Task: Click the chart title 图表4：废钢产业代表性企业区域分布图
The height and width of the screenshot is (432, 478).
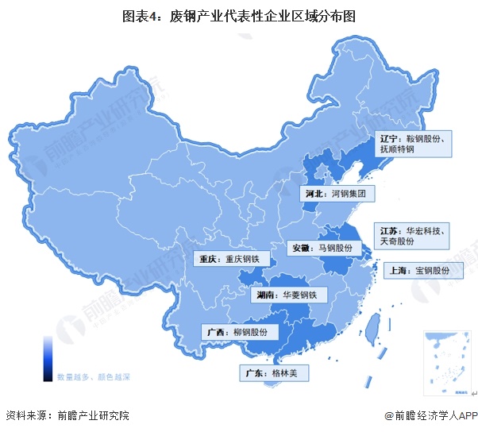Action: tap(238, 15)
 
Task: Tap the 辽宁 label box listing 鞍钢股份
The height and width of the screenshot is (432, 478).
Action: tap(414, 143)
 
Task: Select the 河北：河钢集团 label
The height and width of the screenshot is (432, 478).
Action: tap(337, 193)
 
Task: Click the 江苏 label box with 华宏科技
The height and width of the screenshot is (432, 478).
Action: tap(414, 234)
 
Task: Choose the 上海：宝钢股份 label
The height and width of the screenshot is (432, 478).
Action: tap(421, 271)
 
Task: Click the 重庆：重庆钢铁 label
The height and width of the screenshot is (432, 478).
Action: tap(230, 259)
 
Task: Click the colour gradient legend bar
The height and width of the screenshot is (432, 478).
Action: tap(48, 357)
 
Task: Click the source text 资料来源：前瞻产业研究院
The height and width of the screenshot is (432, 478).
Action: tap(67, 415)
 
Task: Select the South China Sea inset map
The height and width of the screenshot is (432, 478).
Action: tap(445, 362)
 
